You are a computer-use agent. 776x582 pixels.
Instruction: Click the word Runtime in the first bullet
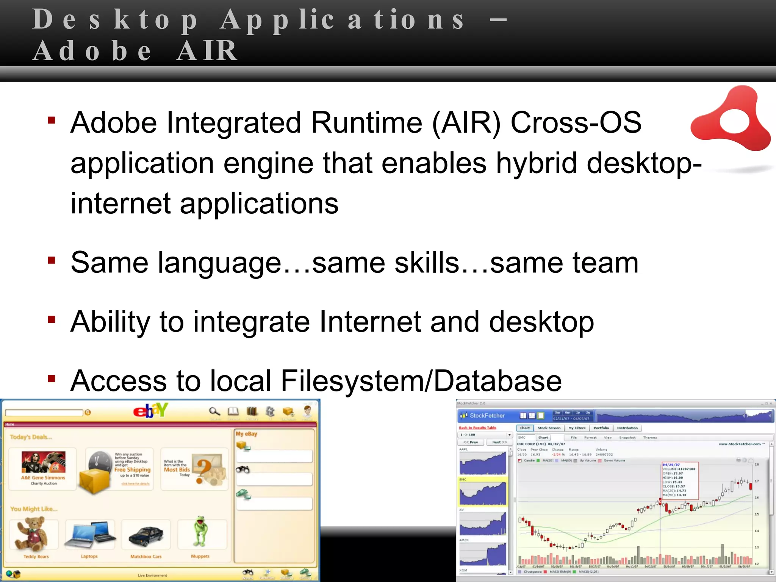click(366, 123)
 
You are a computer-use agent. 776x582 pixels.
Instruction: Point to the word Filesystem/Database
click(421, 381)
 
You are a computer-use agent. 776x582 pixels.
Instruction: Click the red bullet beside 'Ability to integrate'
click(52, 320)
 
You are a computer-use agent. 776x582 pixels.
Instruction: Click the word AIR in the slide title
click(207, 51)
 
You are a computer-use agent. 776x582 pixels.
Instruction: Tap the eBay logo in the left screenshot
click(150, 410)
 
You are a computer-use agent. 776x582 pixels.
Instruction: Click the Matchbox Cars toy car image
click(146, 535)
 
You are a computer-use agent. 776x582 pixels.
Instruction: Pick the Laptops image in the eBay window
click(90, 535)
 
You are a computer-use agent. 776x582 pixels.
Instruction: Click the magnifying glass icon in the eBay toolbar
click(214, 411)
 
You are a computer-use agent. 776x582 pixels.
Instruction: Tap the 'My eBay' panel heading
click(246, 434)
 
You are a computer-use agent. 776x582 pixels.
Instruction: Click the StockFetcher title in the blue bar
click(487, 416)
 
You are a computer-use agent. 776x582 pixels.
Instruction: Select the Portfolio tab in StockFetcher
click(601, 428)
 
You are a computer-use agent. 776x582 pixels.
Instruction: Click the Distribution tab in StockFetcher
click(627, 428)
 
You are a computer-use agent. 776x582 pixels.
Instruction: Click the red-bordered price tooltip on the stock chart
click(680, 480)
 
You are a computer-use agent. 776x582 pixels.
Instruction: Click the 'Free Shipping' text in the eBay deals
click(132, 469)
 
